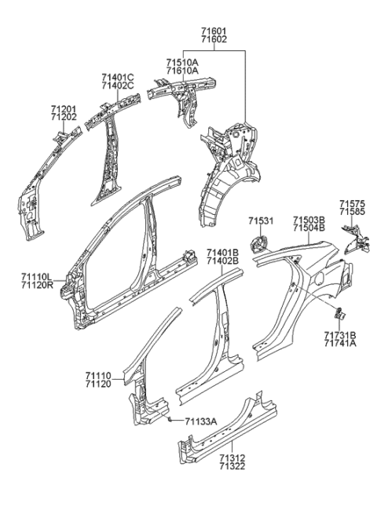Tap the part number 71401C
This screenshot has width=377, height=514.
click(117, 76)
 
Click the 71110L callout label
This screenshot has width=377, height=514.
click(38, 277)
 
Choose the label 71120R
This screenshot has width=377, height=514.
click(38, 286)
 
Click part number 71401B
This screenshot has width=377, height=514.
click(222, 252)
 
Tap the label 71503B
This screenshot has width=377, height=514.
click(309, 221)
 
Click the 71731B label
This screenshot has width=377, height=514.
click(340, 334)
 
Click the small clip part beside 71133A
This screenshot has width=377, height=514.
click(170, 420)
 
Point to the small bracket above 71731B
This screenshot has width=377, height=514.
click(339, 314)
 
